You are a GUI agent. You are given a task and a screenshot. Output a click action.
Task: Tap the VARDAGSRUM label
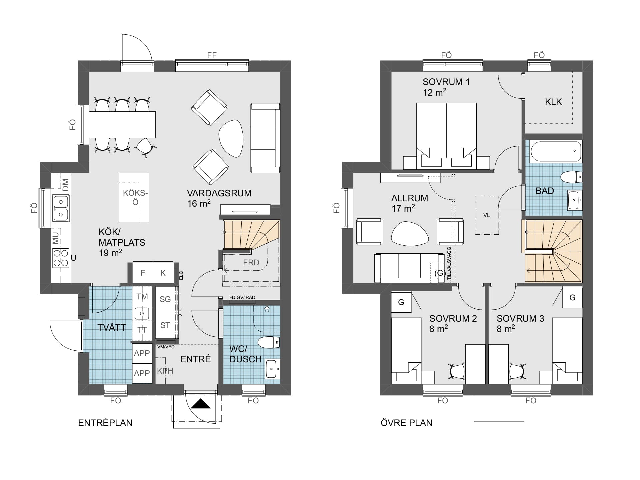[x=219, y=193]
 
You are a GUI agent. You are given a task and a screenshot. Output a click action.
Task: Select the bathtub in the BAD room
[x=556, y=151]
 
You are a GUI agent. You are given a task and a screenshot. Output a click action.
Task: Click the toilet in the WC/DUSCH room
[x=269, y=342]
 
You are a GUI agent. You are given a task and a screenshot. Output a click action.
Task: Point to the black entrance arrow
[x=200, y=404]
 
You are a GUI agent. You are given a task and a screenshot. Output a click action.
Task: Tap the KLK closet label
[x=553, y=102]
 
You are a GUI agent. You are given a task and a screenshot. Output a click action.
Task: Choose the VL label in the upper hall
[x=486, y=215]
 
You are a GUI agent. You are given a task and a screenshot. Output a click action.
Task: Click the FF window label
[x=212, y=55]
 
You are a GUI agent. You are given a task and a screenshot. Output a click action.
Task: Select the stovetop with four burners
[x=61, y=258]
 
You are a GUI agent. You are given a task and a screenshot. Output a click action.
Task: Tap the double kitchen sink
[x=61, y=208]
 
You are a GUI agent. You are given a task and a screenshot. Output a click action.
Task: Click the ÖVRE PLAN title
[x=406, y=423]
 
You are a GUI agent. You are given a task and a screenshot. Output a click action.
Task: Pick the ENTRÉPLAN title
[x=105, y=423]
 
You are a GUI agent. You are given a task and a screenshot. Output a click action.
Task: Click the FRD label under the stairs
[x=251, y=263]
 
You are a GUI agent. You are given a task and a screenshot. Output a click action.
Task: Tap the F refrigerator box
[x=143, y=273]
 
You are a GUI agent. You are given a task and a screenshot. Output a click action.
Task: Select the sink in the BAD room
[x=575, y=200]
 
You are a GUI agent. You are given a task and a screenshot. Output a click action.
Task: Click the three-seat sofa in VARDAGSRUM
[x=265, y=138]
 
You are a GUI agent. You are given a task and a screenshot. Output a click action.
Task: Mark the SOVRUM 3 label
[x=520, y=319]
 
